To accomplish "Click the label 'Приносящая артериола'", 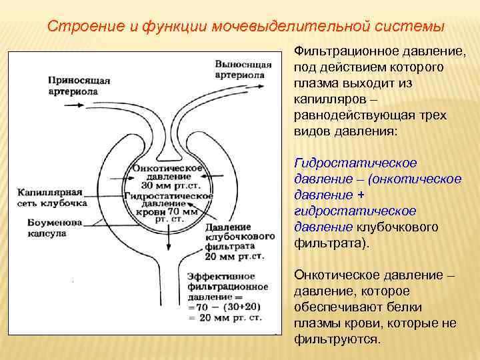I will click(78, 85).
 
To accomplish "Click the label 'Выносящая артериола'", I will click(243, 69).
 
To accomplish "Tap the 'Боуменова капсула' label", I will click(55, 227).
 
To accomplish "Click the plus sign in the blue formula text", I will click(361, 195).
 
